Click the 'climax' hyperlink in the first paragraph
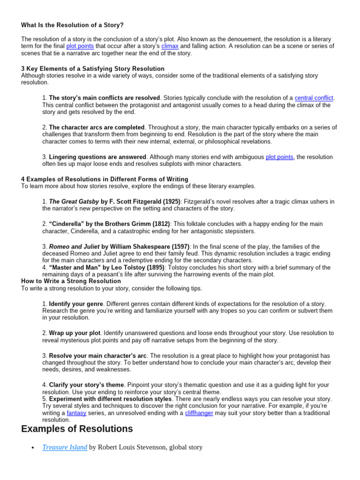click(170, 46)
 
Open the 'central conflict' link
click(314, 98)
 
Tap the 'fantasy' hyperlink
click(76, 413)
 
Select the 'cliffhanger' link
click(199, 413)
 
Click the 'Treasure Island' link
click(64, 447)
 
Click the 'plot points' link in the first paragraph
click(80, 46)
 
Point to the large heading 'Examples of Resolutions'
click(77, 429)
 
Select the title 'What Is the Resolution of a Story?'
click(73, 24)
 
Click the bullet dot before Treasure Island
click(32, 448)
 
